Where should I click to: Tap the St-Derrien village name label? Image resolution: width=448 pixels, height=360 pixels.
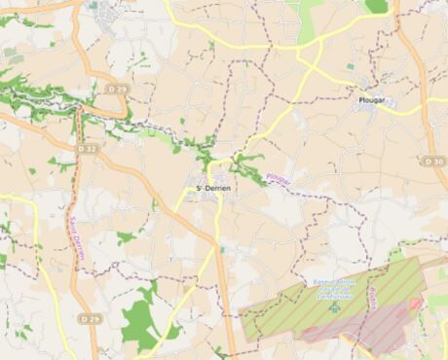(213, 187)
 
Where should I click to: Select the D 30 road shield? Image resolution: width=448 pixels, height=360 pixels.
(434, 161)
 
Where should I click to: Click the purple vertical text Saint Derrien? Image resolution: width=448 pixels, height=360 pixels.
(75, 235)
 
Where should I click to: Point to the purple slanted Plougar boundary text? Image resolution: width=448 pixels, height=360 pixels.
(278, 178)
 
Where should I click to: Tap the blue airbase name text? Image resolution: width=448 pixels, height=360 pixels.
(334, 290)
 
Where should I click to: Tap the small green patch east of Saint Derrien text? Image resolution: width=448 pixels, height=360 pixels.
(125, 236)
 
